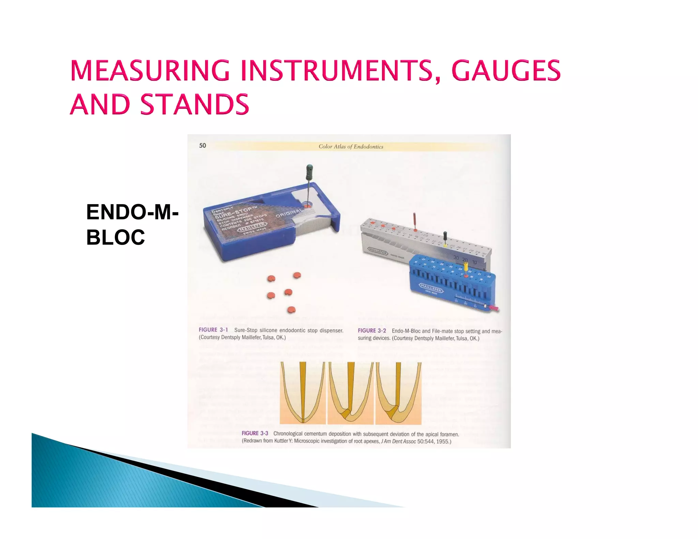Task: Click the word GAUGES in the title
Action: [x=506, y=71]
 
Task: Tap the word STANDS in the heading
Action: [x=195, y=104]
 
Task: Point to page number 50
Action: [x=202, y=145]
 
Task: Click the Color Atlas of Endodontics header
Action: [x=351, y=147]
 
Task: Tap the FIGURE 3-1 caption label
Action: [x=213, y=330]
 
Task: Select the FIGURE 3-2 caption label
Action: [x=372, y=330]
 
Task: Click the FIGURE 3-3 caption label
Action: [x=255, y=433]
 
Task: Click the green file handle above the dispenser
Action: [x=309, y=172]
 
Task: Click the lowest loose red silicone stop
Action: [x=291, y=310]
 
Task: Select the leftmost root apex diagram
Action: [x=303, y=393]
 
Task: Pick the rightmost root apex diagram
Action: [x=398, y=393]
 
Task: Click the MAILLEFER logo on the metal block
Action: [x=378, y=251]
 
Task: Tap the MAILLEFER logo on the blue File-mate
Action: [x=431, y=288]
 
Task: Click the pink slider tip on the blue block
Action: [x=494, y=308]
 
